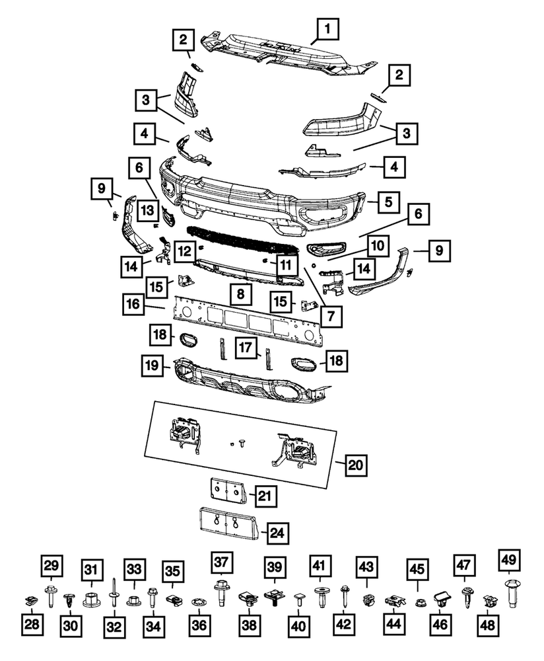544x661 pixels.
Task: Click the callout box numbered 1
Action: click(x=328, y=30)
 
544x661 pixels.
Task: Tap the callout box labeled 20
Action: click(x=355, y=465)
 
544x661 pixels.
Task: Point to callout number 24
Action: click(x=278, y=530)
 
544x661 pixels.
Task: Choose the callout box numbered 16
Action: click(x=133, y=304)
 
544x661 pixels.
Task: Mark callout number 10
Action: click(x=376, y=246)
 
